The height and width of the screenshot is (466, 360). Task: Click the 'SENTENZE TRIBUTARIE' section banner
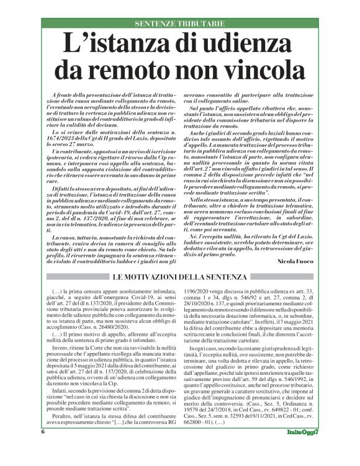coord(180,24)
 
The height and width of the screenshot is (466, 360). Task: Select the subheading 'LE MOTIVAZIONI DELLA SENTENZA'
coord(181,275)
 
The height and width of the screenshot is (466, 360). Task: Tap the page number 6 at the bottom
coord(43,448)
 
